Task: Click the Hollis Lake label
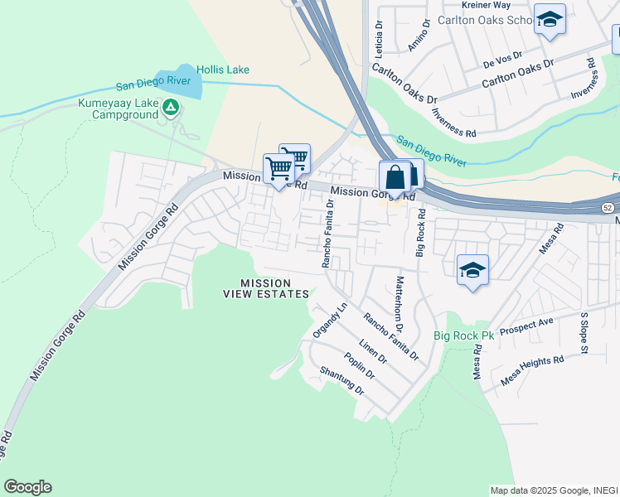click(x=223, y=70)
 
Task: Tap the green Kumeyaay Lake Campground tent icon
click(x=171, y=107)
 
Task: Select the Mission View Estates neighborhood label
click(x=266, y=288)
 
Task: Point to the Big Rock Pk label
click(x=463, y=335)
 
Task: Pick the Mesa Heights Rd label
click(x=532, y=370)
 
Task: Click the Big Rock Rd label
click(x=421, y=233)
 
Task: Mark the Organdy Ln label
click(x=327, y=320)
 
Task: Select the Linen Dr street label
click(x=372, y=351)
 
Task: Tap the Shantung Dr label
click(x=341, y=381)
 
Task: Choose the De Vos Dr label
click(x=502, y=58)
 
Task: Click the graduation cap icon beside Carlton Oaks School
click(x=549, y=20)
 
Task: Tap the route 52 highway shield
click(x=608, y=206)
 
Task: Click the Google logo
click(x=27, y=487)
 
